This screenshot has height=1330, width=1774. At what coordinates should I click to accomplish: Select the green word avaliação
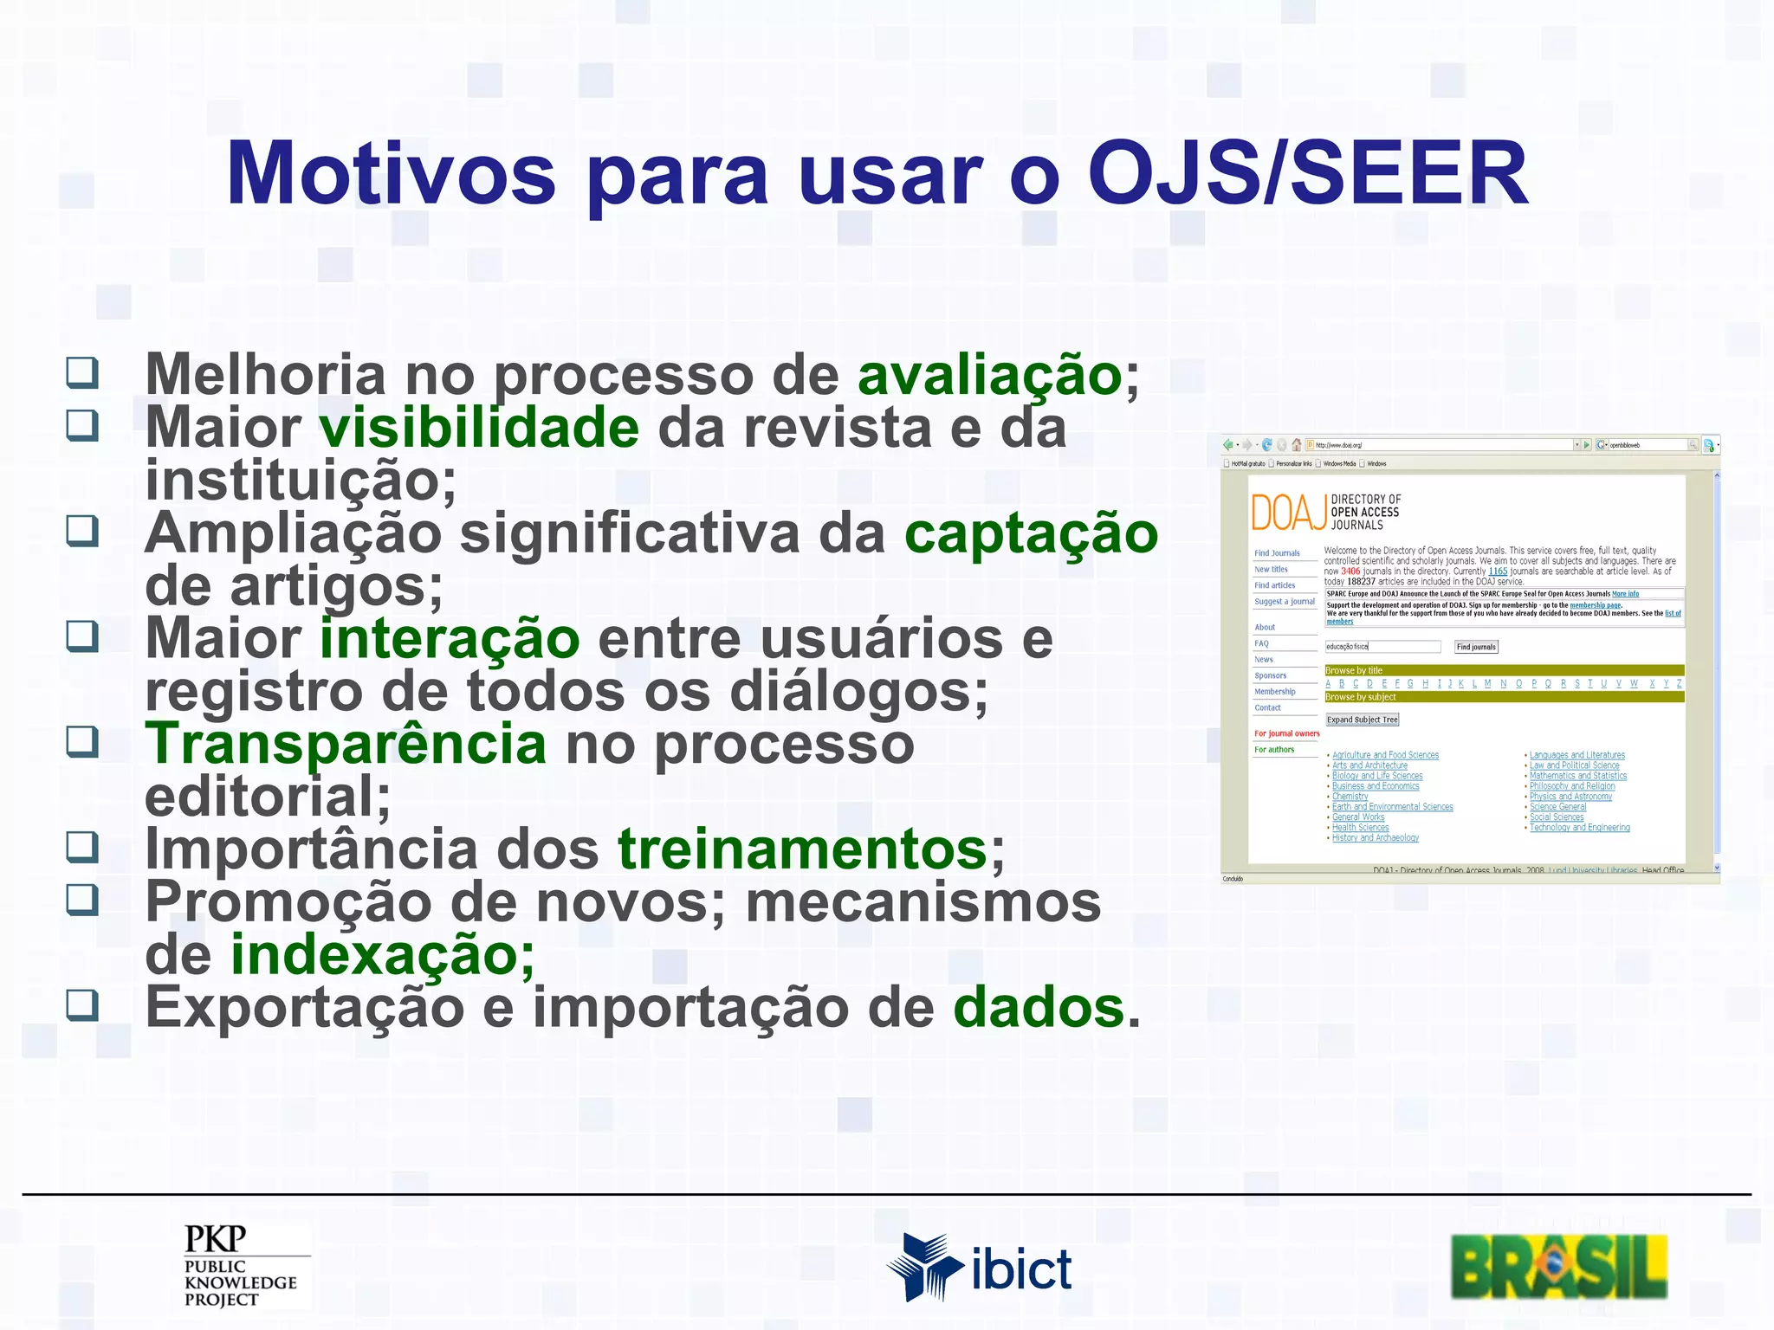[990, 375]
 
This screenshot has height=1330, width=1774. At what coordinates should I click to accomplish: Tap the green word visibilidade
[479, 428]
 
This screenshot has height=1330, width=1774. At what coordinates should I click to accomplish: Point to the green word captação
[1031, 533]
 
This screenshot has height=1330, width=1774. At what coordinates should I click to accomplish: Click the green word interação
[450, 639]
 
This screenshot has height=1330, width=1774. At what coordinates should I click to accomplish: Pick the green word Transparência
[346, 745]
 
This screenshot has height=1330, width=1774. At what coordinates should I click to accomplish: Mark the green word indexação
[382, 956]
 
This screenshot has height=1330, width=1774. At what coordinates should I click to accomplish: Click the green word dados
[1039, 1008]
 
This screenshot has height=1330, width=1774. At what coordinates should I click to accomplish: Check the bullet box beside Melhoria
[82, 373]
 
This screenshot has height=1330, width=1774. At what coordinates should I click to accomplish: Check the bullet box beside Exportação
[82, 1005]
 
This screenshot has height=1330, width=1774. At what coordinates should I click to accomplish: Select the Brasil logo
[1559, 1267]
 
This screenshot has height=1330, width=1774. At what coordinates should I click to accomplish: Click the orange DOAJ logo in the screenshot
[1289, 512]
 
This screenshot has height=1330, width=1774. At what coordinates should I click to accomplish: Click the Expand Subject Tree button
[1362, 720]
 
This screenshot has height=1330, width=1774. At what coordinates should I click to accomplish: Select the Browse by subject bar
[1504, 697]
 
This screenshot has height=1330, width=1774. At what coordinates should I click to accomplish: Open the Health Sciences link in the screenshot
[1360, 828]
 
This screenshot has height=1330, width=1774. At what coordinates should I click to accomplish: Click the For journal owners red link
[1286, 733]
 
